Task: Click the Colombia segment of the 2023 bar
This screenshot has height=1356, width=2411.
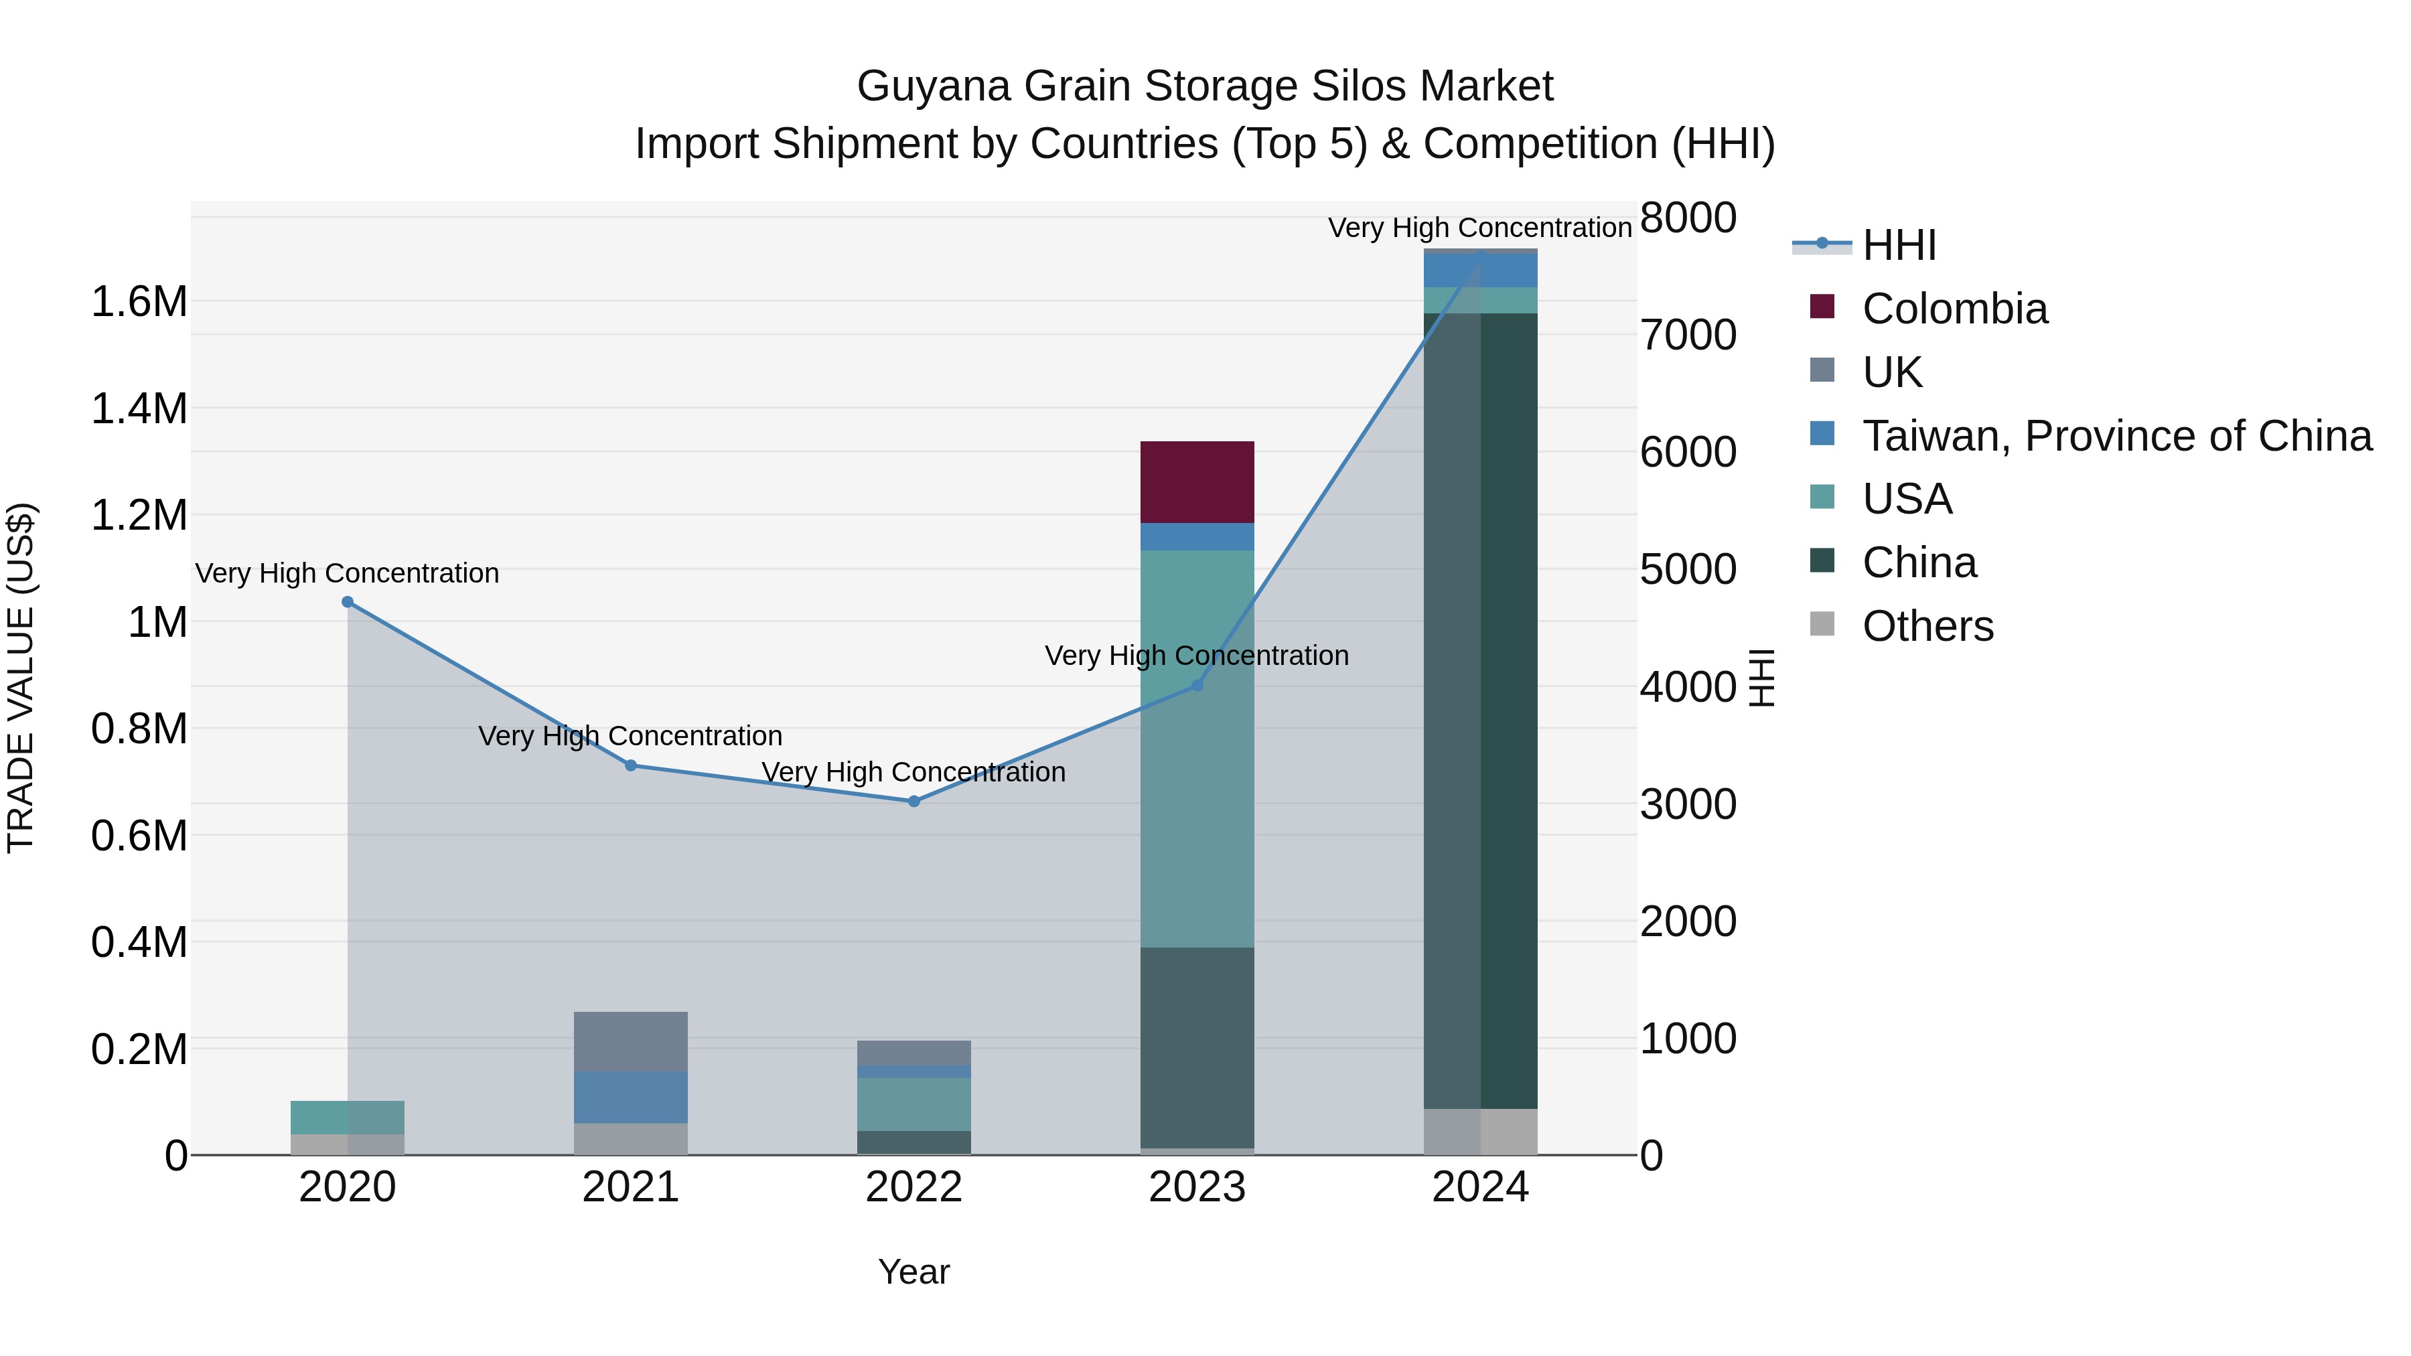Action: point(1196,482)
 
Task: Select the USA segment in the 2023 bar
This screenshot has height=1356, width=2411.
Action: point(1196,749)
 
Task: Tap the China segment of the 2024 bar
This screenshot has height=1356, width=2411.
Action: point(1479,711)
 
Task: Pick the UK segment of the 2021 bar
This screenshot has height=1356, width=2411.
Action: point(630,1041)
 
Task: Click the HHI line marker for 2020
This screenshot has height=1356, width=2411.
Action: point(347,602)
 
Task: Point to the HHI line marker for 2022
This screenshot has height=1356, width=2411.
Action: point(914,801)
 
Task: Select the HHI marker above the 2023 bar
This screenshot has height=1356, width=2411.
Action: point(1196,685)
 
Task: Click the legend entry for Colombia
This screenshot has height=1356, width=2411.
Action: point(1954,309)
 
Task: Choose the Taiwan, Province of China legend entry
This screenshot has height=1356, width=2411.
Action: point(2115,436)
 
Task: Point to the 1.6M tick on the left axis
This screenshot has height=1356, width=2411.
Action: point(139,302)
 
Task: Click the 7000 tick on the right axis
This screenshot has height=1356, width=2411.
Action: point(1688,335)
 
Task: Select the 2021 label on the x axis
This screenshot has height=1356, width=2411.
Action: point(630,1187)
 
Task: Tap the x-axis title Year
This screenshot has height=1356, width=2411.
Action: point(914,1272)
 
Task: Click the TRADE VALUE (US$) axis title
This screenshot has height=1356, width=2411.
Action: point(21,678)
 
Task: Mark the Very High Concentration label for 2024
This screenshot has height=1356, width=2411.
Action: point(1479,228)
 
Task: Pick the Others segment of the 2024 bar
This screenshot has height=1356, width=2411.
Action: point(1479,1132)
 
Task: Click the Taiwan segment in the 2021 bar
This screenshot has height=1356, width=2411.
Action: point(630,1097)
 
